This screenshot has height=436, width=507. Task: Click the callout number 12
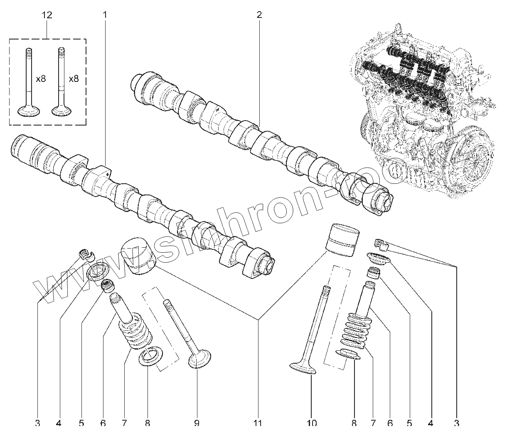pos(47,15)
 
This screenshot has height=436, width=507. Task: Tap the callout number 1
pos(105,15)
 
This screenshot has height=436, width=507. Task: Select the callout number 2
pos(259,15)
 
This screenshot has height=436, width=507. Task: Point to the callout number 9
pos(197,423)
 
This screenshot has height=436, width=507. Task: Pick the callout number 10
pos(312,423)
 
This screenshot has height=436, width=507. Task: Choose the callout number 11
pos(258,423)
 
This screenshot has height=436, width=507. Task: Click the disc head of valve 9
pos(200,359)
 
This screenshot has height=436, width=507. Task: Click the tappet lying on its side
pos(138,256)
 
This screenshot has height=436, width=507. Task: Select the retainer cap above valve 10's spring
pos(379,260)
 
